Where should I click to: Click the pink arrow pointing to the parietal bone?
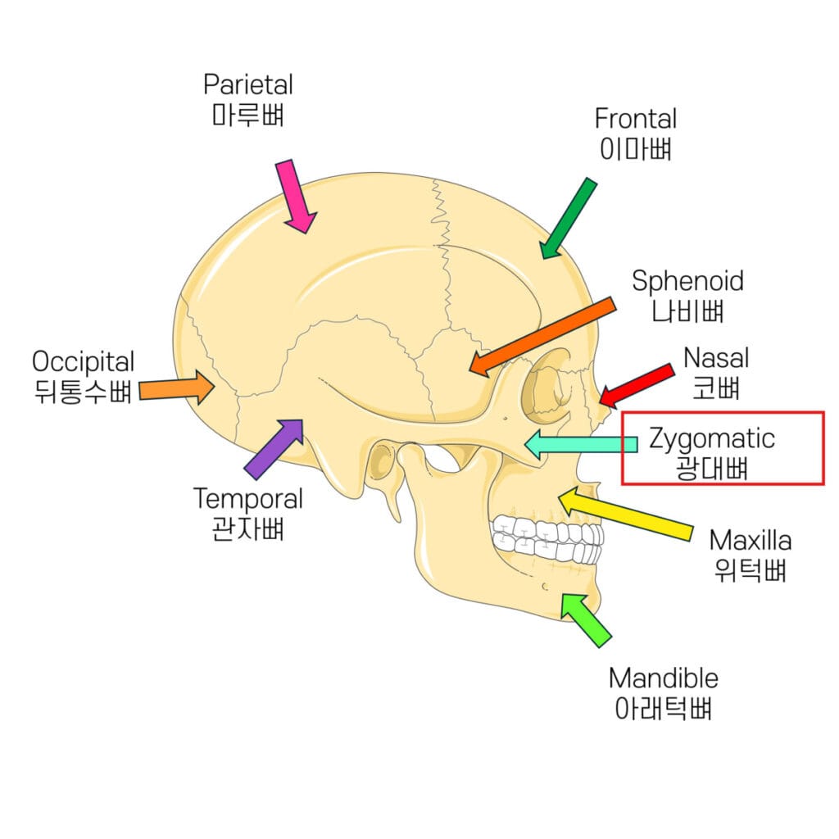pyautogui.click(x=295, y=196)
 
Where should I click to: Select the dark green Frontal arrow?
pyautogui.click(x=568, y=217)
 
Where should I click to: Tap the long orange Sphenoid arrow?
pyautogui.click(x=543, y=336)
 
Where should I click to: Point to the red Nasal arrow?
pyautogui.click(x=637, y=385)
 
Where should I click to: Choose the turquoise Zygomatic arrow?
pyautogui.click(x=580, y=444)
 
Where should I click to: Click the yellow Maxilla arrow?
pyautogui.click(x=627, y=514)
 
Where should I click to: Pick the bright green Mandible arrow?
pyautogui.click(x=585, y=619)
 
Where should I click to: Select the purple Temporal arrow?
pyautogui.click(x=274, y=448)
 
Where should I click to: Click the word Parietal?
pyautogui.click(x=248, y=84)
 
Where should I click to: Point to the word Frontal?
pyautogui.click(x=636, y=119)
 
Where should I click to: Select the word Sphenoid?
pyautogui.click(x=688, y=281)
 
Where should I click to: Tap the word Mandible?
pyautogui.click(x=664, y=678)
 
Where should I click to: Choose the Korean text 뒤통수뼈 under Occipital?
pyautogui.click(x=84, y=392)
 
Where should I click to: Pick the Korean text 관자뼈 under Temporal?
pyautogui.click(x=247, y=528)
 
